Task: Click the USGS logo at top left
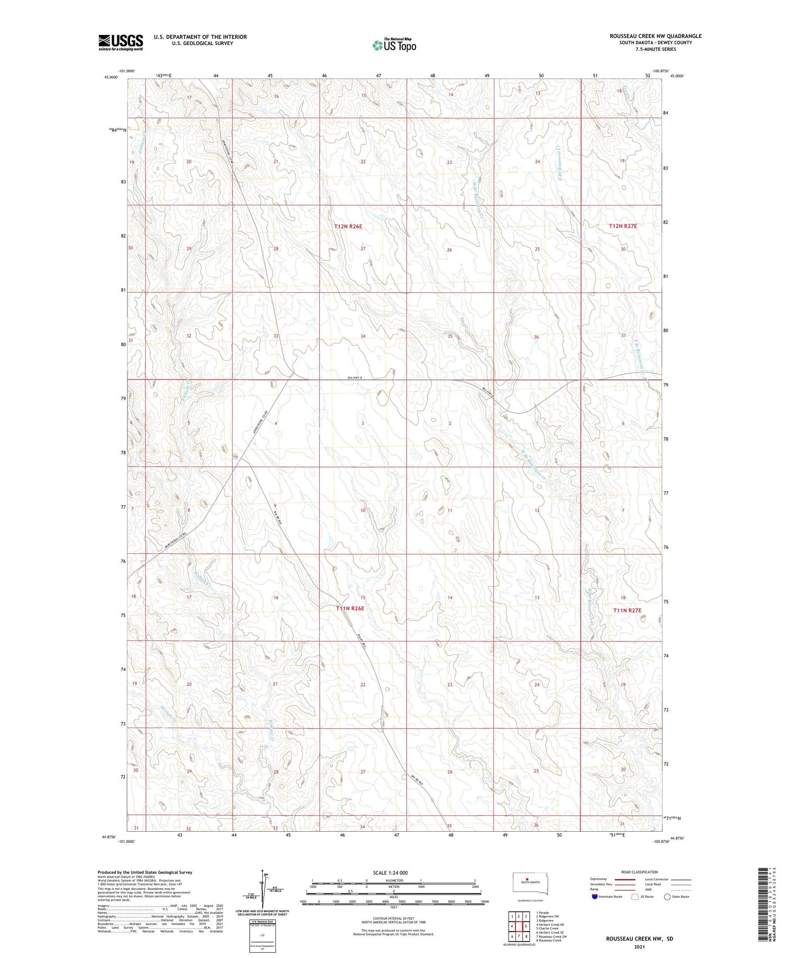point(121,42)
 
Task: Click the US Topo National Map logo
point(394,45)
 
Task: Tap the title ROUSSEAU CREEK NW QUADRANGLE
point(656,36)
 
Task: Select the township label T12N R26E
point(348,226)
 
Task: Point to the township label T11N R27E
point(627,610)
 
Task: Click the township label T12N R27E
point(623,226)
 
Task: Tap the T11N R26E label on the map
point(350,609)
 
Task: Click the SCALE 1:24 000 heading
point(390,872)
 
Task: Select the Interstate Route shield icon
point(595,897)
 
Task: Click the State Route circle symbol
point(667,897)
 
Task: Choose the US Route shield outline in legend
point(635,897)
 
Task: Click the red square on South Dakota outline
point(527,880)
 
